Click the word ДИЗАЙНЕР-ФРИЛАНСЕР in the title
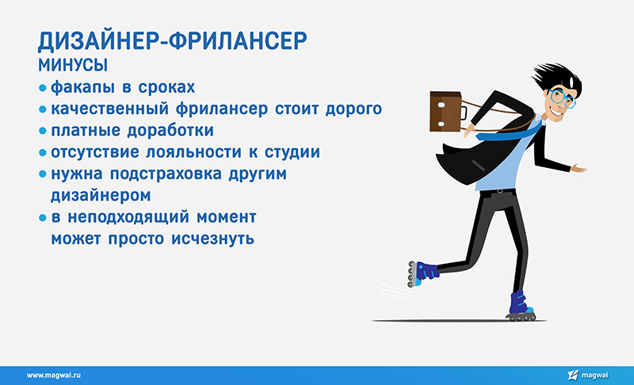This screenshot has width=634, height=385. click(172, 41)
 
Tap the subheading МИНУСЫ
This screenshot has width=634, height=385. click(73, 66)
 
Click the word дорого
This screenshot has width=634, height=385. click(353, 109)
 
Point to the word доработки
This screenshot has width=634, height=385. click(170, 131)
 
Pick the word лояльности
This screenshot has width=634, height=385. click(193, 152)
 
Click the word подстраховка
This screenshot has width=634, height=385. click(166, 174)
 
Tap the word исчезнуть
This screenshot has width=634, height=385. click(212, 238)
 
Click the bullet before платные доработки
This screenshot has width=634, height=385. click(43, 131)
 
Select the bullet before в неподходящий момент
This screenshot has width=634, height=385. click(43, 218)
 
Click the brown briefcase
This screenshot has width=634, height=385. click(447, 112)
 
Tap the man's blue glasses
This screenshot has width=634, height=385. click(563, 97)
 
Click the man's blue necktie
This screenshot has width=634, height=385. click(509, 132)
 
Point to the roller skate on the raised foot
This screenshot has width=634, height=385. click(422, 274)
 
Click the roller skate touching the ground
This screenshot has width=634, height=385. click(521, 307)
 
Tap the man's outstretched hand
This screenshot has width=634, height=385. click(579, 168)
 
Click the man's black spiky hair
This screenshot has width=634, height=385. click(560, 77)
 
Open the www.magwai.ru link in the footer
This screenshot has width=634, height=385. click(54, 375)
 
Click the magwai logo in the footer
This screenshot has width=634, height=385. click(587, 375)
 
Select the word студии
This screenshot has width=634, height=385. click(292, 152)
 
